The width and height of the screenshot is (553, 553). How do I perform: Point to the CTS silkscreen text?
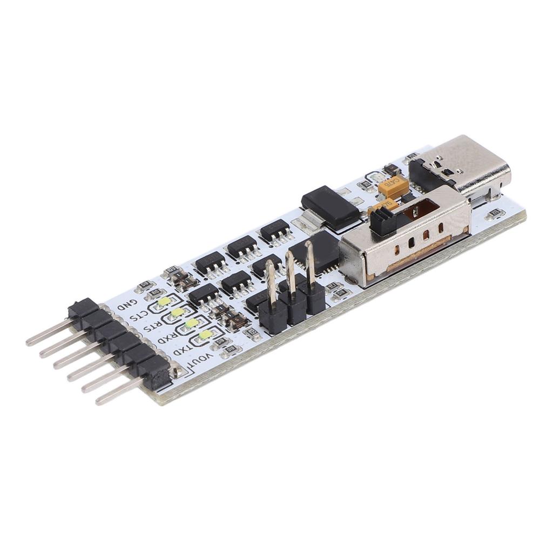click(x=138, y=315)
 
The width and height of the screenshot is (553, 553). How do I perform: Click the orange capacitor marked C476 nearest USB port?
click(x=391, y=187)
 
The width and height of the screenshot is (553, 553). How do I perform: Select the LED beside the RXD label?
click(x=191, y=323)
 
